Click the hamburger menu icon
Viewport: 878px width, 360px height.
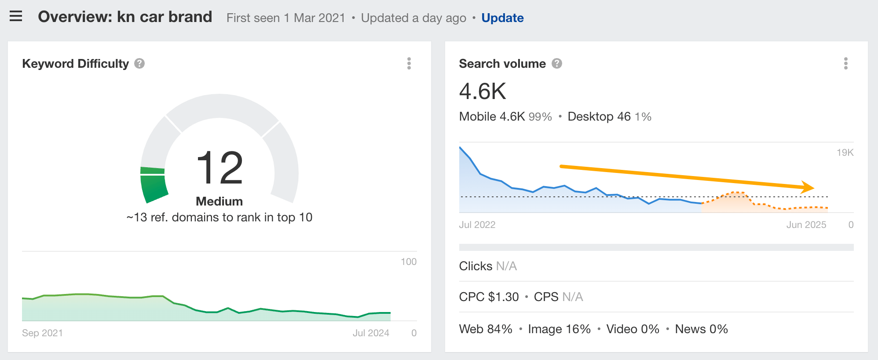click(16, 17)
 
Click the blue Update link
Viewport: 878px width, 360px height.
click(502, 18)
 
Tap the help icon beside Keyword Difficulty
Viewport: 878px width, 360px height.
click(139, 64)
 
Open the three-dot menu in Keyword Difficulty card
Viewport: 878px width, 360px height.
click(409, 64)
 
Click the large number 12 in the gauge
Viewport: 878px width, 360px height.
click(219, 168)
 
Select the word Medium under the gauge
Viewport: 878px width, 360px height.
click(219, 202)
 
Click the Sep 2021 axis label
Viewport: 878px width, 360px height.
click(42, 333)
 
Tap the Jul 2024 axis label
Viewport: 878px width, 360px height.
click(371, 333)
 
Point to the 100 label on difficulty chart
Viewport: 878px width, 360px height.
click(408, 262)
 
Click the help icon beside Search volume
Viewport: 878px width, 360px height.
click(557, 64)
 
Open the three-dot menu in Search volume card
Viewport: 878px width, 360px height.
click(845, 64)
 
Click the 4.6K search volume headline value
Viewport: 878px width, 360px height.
click(483, 92)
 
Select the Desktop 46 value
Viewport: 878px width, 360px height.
click(599, 117)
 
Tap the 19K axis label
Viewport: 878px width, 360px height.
click(845, 153)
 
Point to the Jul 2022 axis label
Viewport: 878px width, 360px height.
click(477, 225)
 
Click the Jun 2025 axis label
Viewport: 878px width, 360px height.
click(806, 225)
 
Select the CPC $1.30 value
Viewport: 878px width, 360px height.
click(489, 297)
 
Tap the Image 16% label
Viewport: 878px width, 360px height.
click(559, 329)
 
